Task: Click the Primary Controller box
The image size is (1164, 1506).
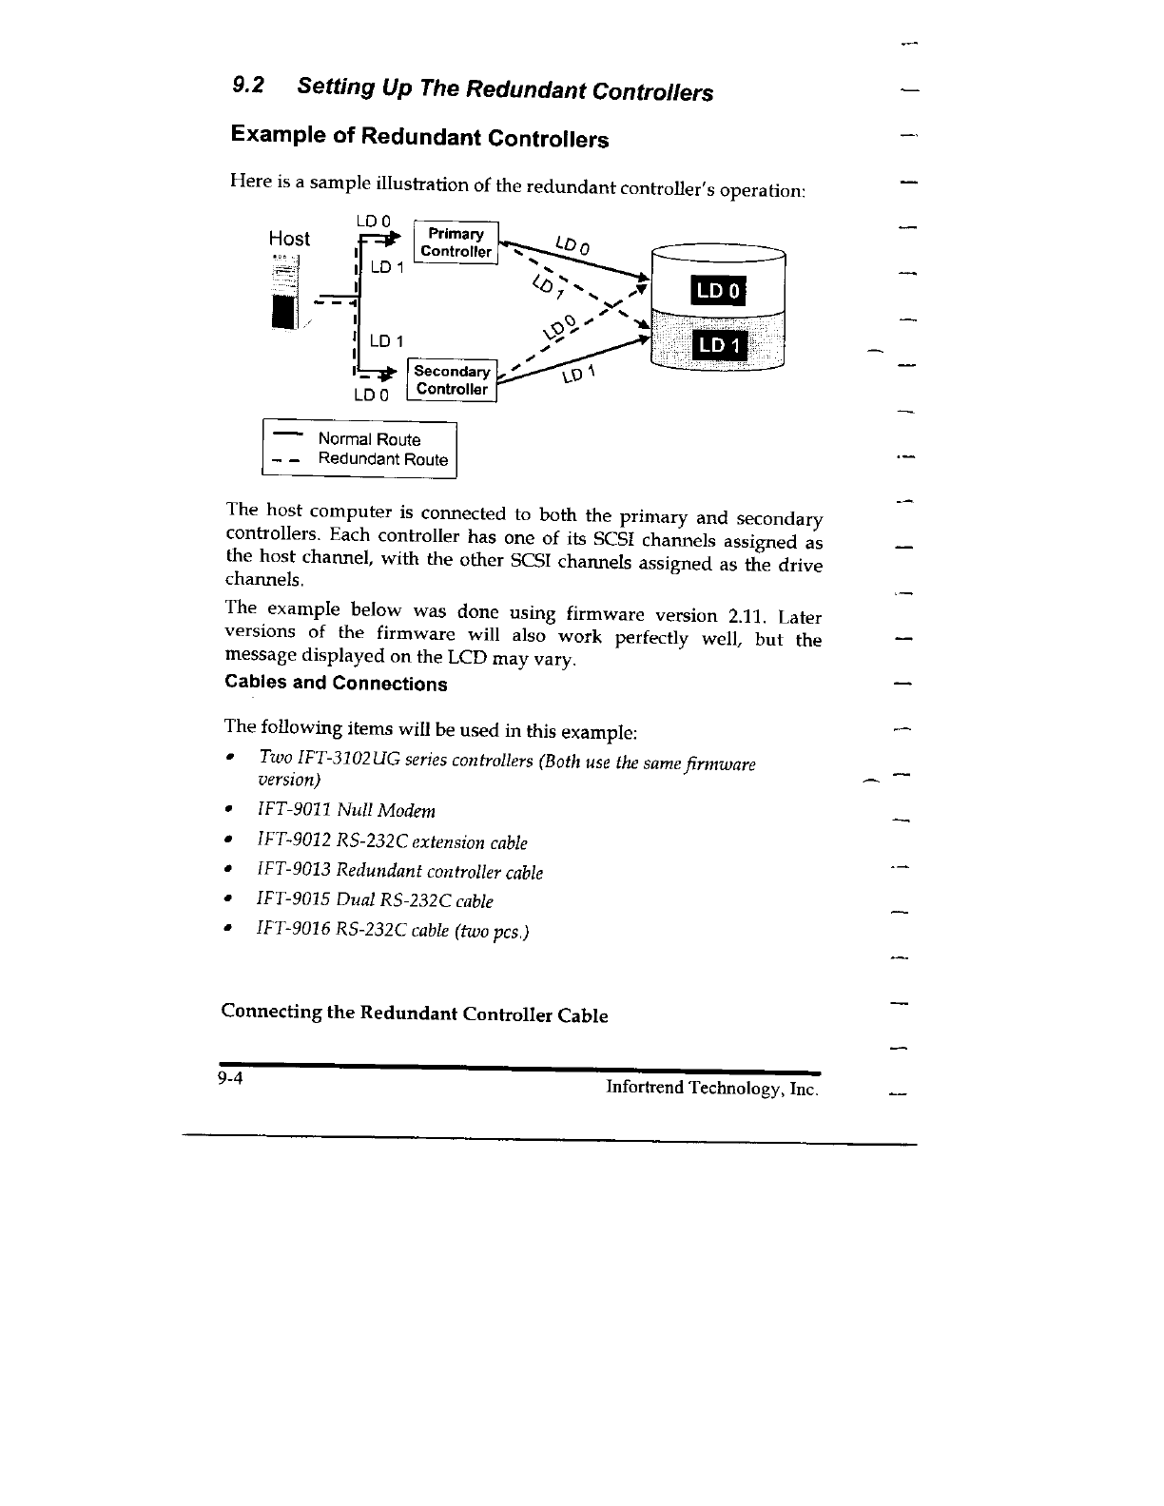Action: point(456,243)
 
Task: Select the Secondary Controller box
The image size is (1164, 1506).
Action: point(452,380)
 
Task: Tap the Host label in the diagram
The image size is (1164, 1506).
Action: point(289,239)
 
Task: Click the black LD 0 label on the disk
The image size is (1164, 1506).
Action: point(720,292)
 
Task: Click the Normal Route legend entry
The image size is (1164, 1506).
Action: point(368,439)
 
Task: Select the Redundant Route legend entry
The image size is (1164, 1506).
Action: point(382,459)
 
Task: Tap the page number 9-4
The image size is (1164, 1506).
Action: point(229,1078)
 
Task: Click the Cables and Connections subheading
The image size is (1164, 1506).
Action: point(336,684)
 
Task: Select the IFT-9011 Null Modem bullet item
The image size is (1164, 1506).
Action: point(346,811)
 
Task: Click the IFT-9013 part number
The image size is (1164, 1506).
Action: point(293,871)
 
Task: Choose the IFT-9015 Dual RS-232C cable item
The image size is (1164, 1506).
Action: point(375,900)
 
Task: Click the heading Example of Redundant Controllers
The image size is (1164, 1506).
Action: point(419,137)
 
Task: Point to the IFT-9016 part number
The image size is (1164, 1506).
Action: point(293,930)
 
